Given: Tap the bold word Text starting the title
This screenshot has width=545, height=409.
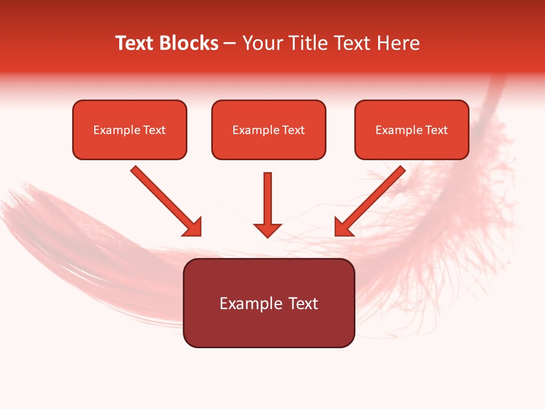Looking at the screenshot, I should [x=136, y=43].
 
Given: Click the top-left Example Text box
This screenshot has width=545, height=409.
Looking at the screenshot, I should [x=129, y=130].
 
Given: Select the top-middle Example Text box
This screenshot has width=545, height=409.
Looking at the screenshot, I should [x=269, y=130].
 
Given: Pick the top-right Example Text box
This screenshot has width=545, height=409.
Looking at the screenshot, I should [x=412, y=130].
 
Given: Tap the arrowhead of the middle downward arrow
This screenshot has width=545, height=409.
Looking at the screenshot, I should [x=267, y=229].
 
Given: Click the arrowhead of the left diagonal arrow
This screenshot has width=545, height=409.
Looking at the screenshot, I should [x=193, y=227].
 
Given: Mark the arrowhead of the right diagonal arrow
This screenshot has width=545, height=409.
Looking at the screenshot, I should [x=343, y=227].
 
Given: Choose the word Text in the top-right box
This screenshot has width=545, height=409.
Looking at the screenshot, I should [x=436, y=130].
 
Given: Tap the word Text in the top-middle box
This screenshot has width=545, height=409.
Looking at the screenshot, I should [x=293, y=130].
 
